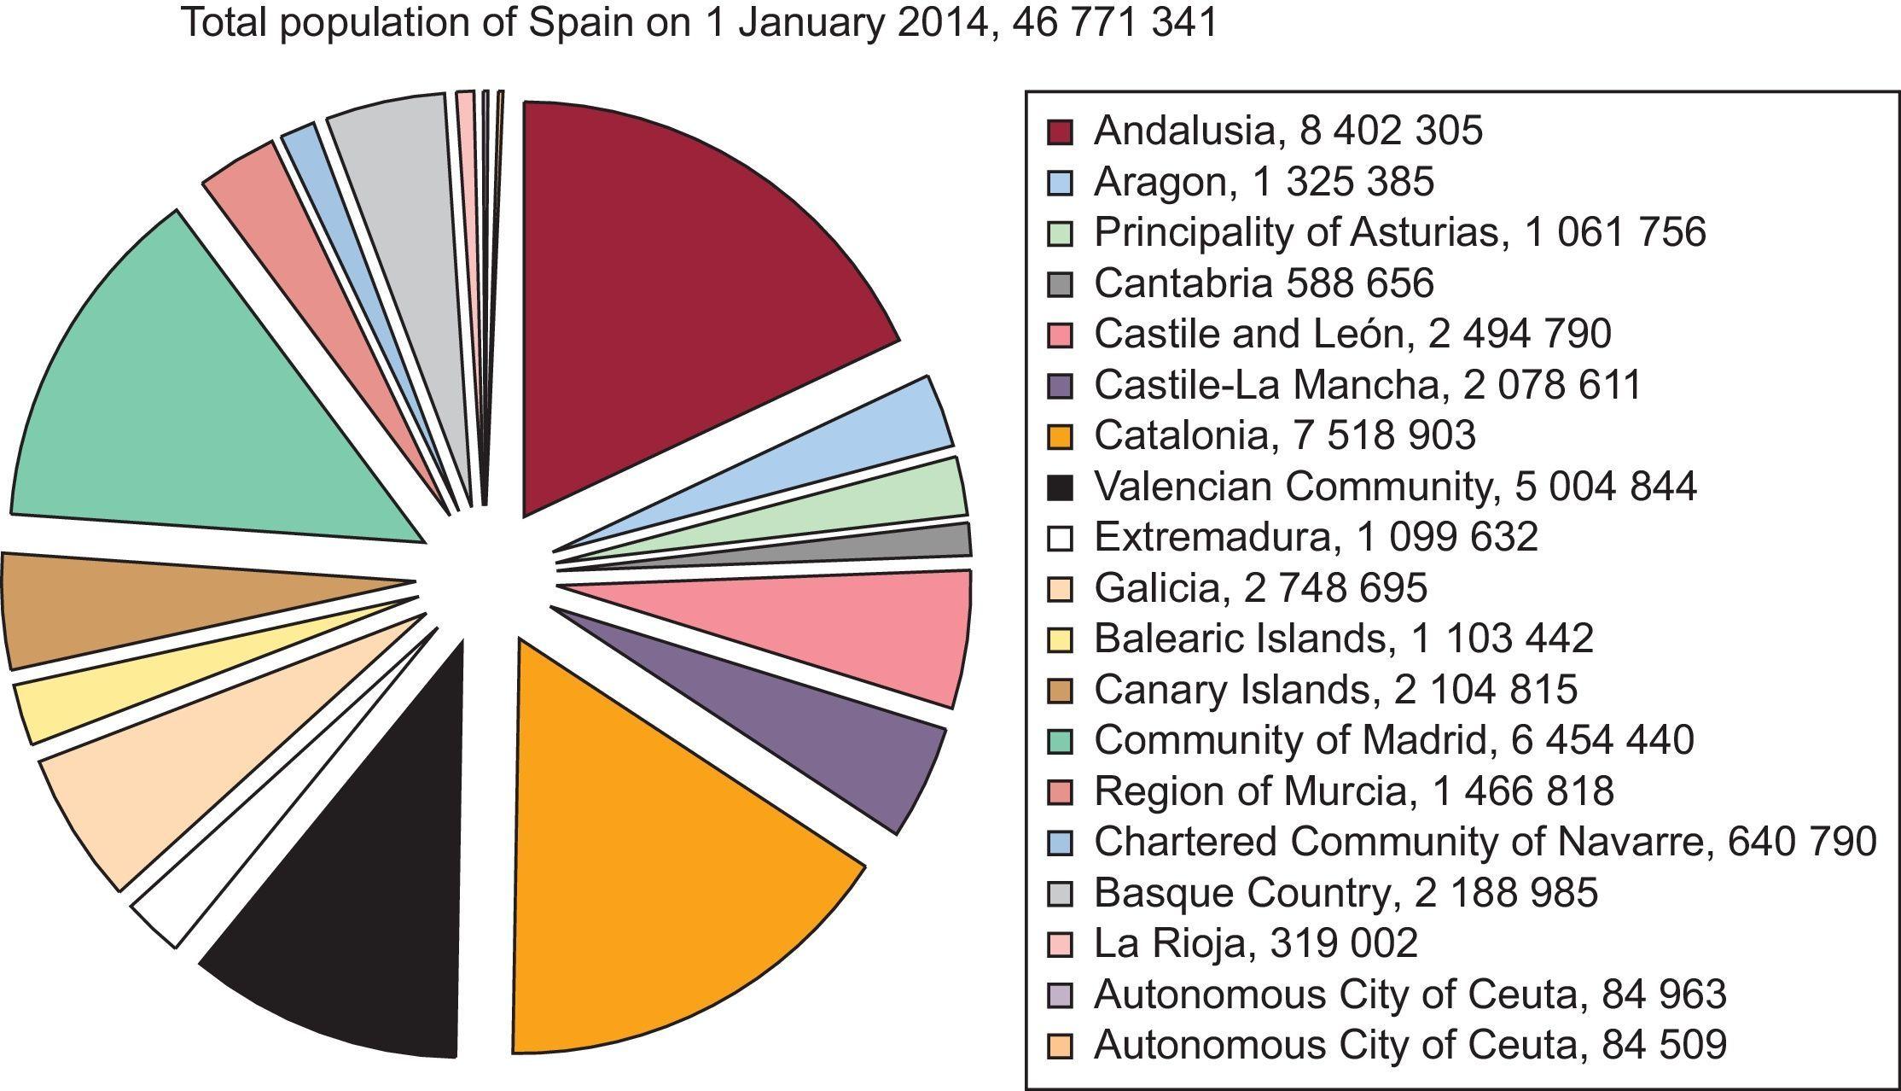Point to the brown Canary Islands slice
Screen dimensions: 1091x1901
click(128, 606)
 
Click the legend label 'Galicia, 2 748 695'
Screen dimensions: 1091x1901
click(1260, 588)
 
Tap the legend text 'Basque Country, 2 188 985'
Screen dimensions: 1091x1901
click(1346, 893)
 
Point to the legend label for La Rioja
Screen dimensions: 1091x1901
click(1255, 943)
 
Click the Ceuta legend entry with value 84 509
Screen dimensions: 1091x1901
click(1410, 1045)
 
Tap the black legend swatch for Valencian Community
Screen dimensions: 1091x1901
click(1060, 487)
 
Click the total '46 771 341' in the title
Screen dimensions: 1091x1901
click(1115, 23)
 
